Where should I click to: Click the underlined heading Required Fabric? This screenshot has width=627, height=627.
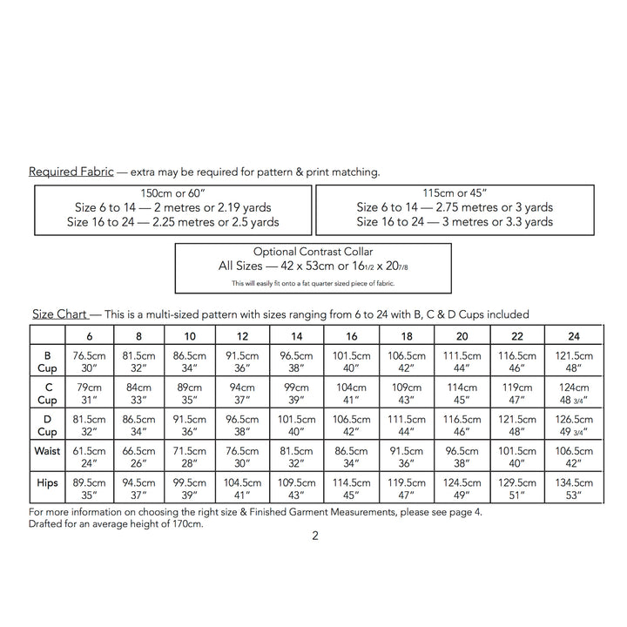tap(71, 172)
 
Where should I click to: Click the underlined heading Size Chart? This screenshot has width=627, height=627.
tap(59, 313)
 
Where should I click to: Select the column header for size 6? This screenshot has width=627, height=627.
tap(90, 336)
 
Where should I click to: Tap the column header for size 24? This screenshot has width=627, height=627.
tap(574, 336)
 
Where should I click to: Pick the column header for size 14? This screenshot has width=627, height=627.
tap(297, 336)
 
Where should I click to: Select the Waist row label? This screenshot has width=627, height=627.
tap(47, 451)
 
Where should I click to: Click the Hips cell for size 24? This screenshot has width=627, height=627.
tap(574, 489)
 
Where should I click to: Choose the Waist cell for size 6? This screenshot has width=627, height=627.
tap(90, 457)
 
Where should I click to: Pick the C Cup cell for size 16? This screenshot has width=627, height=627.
tap(351, 394)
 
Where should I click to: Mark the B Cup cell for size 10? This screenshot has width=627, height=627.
tap(190, 361)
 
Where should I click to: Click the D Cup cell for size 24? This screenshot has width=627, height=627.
tap(574, 425)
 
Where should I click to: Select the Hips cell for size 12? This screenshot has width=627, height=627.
tap(243, 489)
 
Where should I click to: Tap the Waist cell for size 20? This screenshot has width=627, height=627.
tap(462, 457)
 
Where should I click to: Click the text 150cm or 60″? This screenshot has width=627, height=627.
tap(172, 192)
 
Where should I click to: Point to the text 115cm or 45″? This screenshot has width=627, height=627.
tap(455, 192)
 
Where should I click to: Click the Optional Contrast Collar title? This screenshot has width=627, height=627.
tap(313, 251)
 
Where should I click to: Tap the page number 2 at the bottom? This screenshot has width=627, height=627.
tap(314, 536)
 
